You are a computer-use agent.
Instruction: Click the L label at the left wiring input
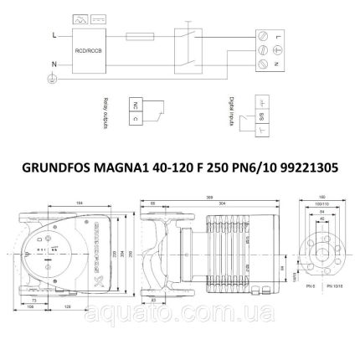[x=54, y=36]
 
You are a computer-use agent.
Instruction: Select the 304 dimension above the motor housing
[x=219, y=203]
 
